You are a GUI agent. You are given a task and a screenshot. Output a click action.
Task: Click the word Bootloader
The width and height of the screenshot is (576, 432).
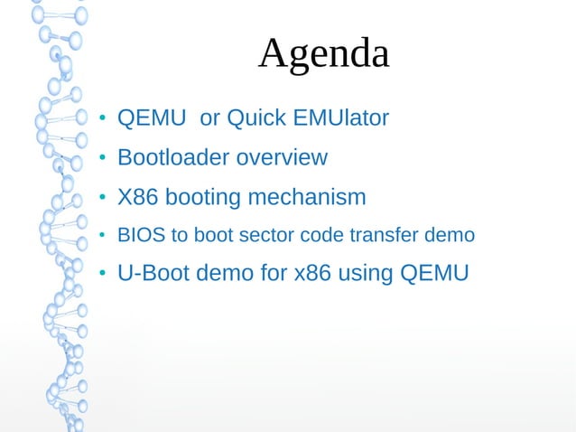coord(174,158)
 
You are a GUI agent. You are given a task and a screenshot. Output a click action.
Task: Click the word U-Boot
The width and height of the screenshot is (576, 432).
coord(151,274)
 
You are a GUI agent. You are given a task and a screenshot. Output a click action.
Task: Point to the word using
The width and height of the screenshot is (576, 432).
coord(364,274)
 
